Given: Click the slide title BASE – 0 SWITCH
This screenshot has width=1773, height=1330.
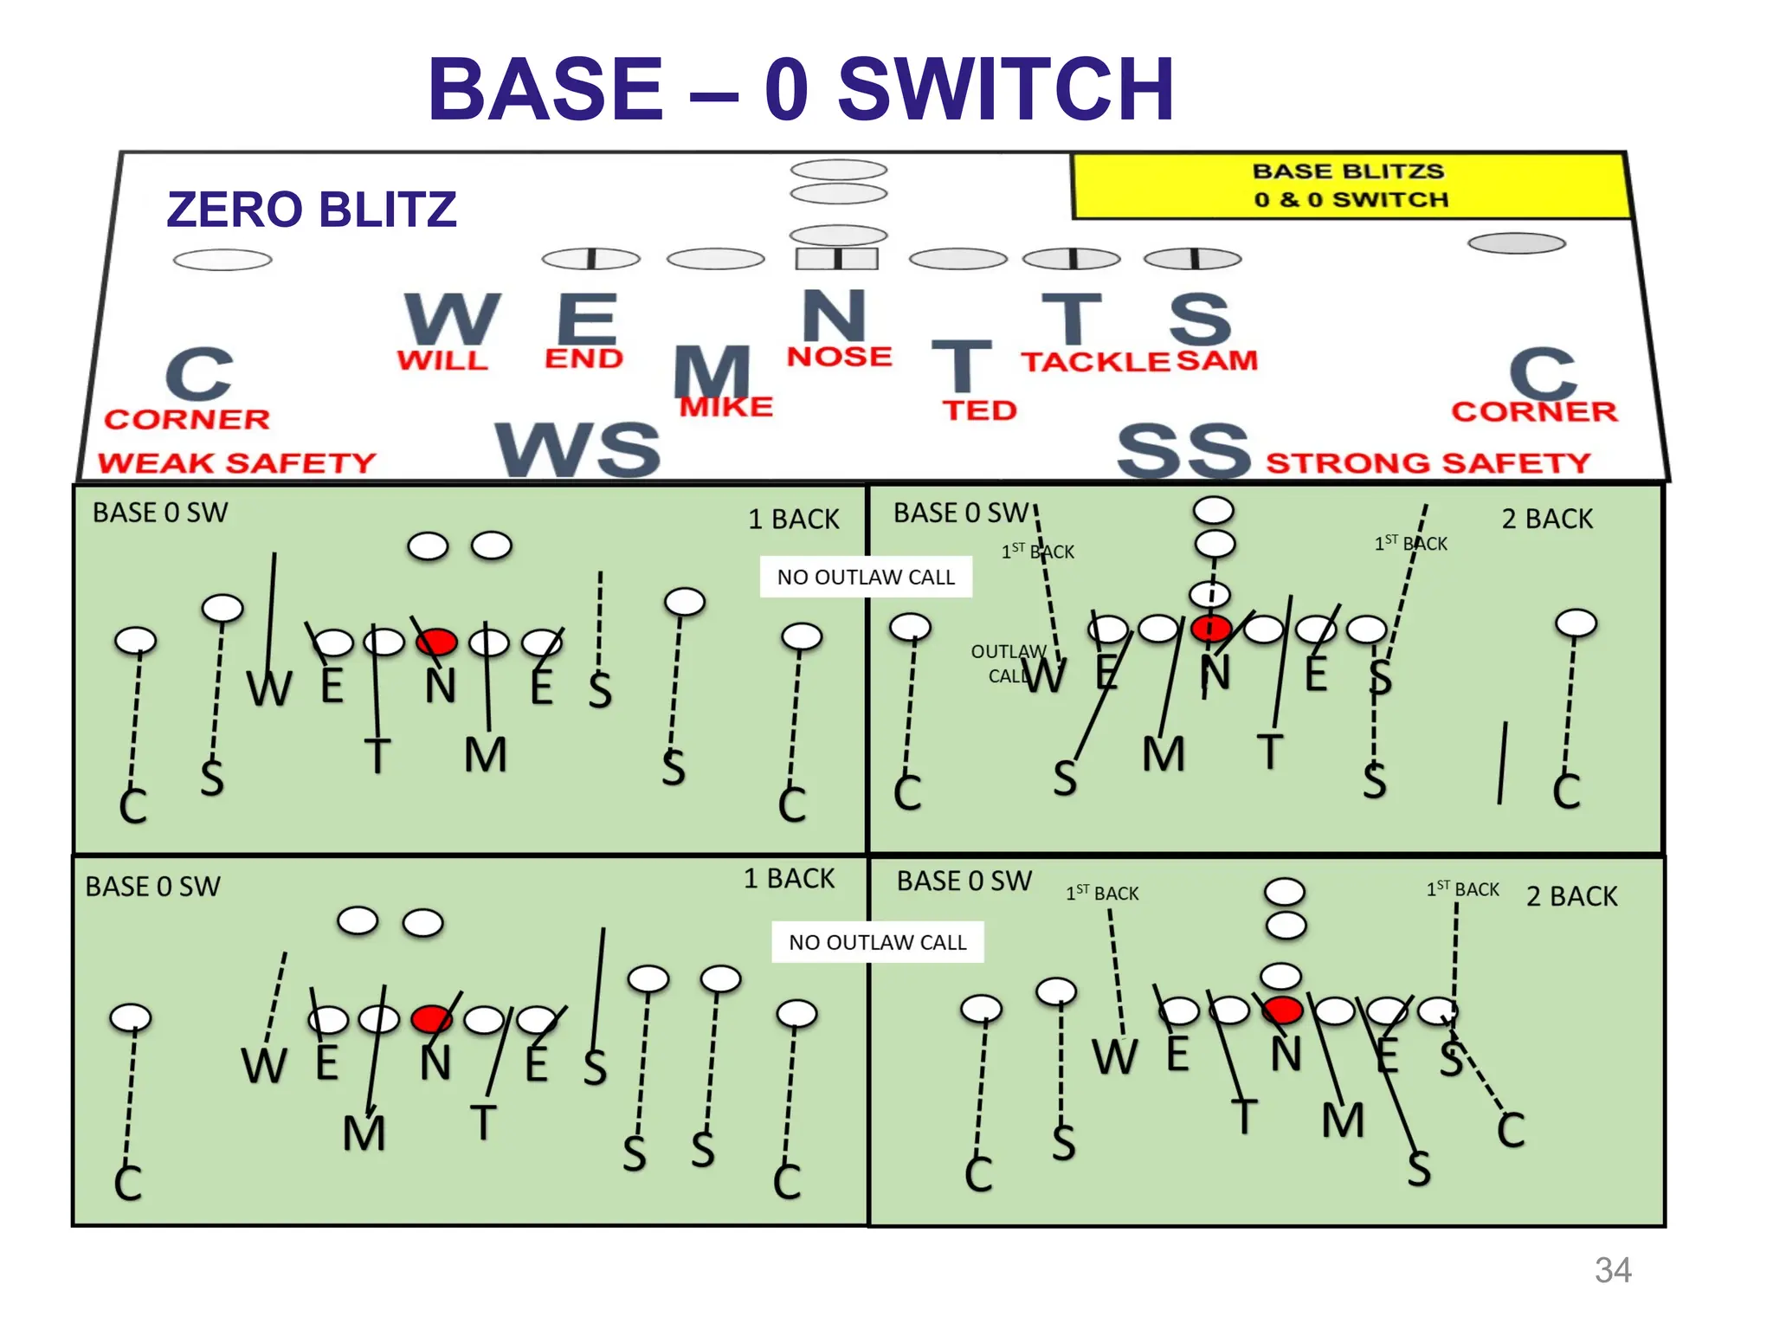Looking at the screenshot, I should point(801,89).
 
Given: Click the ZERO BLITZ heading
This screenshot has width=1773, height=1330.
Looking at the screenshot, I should point(311,210).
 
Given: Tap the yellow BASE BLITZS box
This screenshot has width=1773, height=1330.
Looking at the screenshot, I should point(1351,185).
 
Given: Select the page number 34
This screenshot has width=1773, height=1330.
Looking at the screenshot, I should point(1613,1270).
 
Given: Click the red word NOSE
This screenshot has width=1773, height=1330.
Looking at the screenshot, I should point(839,357).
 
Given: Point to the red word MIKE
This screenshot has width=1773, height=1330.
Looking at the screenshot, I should point(725,407).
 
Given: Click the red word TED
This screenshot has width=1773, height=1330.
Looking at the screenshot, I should point(979,410).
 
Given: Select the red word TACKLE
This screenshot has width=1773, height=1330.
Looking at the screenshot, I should point(1095,362).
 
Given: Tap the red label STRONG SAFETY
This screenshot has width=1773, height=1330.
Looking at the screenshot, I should point(1428,463).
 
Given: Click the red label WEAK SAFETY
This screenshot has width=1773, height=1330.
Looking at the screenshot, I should point(236,463).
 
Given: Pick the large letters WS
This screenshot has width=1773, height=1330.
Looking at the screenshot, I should point(577,451).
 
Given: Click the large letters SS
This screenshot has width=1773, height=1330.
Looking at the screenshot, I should point(1183,451).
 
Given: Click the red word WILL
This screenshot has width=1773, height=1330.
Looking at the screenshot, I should point(442,360).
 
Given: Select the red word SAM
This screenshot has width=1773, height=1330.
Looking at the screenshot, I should point(1216,360).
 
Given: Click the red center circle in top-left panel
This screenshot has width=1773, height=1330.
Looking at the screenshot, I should point(436,642).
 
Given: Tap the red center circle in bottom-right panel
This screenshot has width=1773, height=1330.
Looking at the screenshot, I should point(1282,1010).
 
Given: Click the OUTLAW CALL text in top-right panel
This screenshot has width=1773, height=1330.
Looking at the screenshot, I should point(1009,663).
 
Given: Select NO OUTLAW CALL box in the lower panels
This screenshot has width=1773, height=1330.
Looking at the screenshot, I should point(877,942).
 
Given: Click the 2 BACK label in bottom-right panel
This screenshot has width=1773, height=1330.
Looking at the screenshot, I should point(1571,896).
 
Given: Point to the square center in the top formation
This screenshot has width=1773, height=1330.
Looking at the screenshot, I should point(836,258).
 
